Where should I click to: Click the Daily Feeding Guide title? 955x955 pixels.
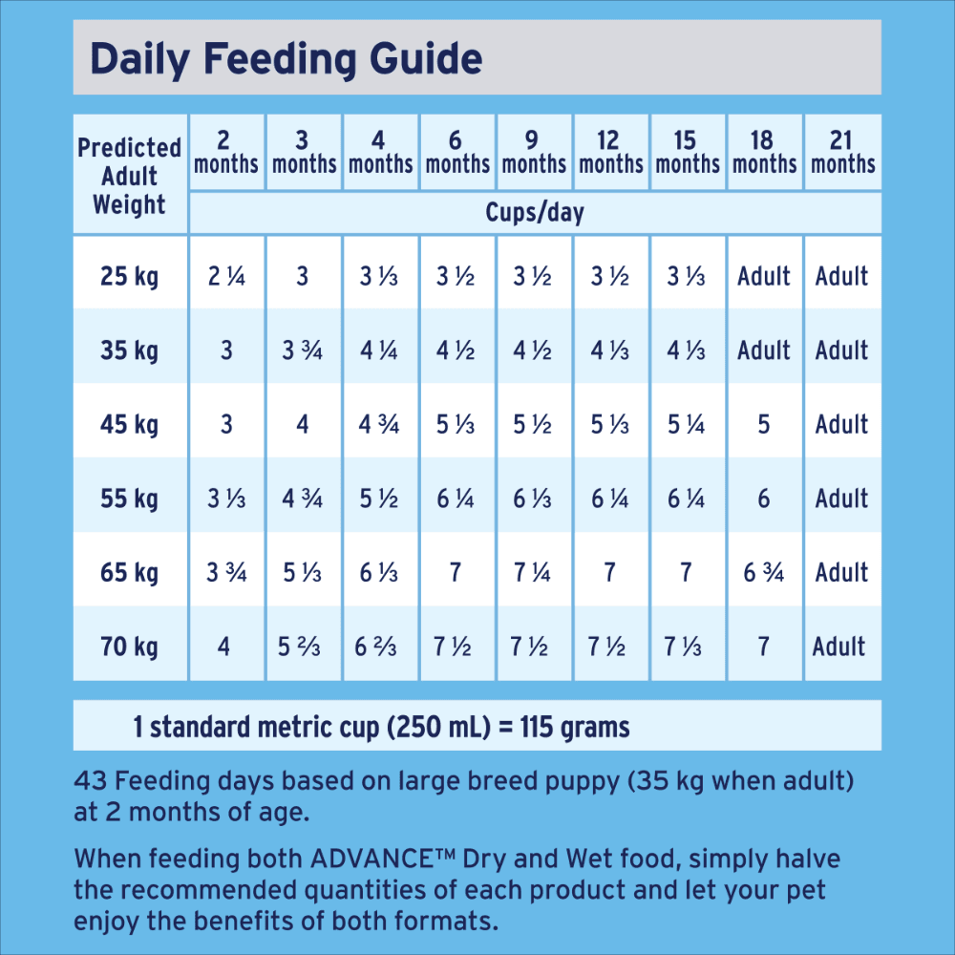click(x=286, y=59)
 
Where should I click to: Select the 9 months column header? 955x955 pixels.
click(x=534, y=153)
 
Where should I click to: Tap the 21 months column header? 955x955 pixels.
click(x=841, y=153)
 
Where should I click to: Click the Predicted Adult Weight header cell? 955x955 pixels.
click(x=130, y=177)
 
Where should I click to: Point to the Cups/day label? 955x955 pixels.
click(x=534, y=212)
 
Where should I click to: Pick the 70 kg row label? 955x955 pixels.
click(x=130, y=647)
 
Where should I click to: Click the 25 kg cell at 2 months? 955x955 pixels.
click(x=226, y=277)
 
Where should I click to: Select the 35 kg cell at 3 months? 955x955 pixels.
click(x=303, y=350)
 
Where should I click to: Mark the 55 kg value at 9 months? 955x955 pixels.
click(x=533, y=498)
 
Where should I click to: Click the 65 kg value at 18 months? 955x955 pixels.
click(x=764, y=573)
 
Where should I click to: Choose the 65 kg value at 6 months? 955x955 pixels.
click(x=456, y=573)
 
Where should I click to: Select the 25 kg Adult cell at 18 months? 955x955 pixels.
click(x=764, y=277)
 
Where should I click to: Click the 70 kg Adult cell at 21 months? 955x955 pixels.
click(x=839, y=647)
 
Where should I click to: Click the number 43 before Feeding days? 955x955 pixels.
click(x=91, y=781)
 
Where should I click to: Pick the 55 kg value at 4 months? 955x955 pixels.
click(x=379, y=498)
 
